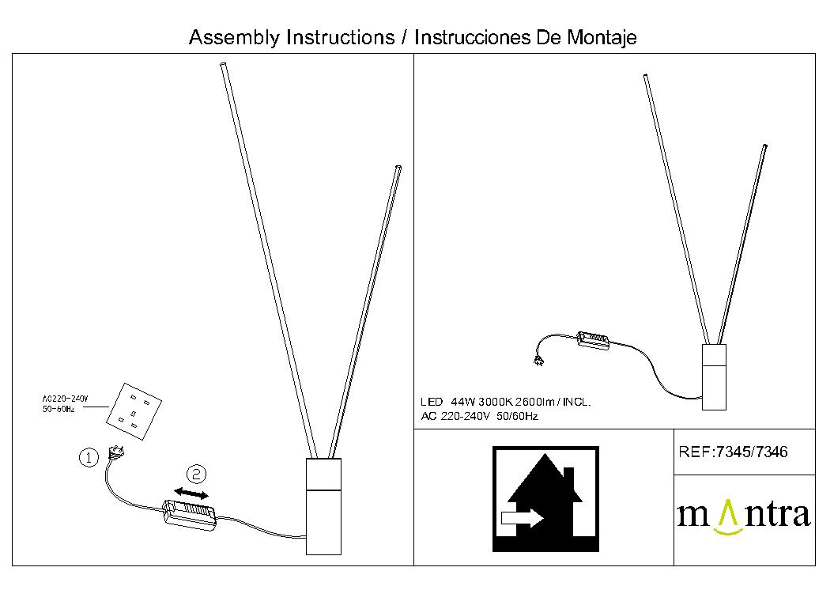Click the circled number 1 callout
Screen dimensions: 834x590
pyautogui.click(x=89, y=458)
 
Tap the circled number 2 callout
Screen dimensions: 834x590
pyautogui.click(x=196, y=474)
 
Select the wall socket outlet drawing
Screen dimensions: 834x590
pyautogui.click(x=134, y=412)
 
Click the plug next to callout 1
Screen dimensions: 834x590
pyautogui.click(x=116, y=452)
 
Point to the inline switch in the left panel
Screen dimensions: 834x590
pyautogui.click(x=190, y=514)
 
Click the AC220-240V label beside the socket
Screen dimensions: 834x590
pyautogui.click(x=65, y=399)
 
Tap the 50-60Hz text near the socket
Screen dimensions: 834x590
pyautogui.click(x=58, y=409)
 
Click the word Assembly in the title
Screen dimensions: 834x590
pyautogui.click(x=234, y=38)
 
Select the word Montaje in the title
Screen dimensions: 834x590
pyautogui.click(x=602, y=38)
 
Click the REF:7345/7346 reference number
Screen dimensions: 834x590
pyautogui.click(x=733, y=452)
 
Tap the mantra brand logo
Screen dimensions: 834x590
pyautogui.click(x=744, y=516)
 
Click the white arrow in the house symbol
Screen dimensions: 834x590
pyautogui.click(x=522, y=517)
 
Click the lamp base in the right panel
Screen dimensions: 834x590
pyautogui.click(x=714, y=377)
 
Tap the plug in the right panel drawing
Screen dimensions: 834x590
pyautogui.click(x=538, y=361)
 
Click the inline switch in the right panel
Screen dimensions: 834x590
pyautogui.click(x=593, y=341)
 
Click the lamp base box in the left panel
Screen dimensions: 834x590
pyautogui.click(x=323, y=506)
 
